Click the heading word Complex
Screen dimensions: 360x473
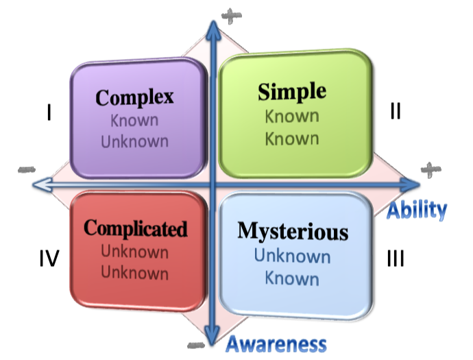(134, 97)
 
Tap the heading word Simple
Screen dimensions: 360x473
(292, 92)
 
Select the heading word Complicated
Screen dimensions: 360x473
(135, 228)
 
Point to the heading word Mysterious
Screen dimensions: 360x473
(293, 232)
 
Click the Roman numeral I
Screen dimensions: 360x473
(49, 111)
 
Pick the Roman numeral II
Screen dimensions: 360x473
(396, 111)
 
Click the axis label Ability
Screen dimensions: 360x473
(416, 209)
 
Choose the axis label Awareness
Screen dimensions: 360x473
(276, 343)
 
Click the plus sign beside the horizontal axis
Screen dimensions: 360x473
(427, 169)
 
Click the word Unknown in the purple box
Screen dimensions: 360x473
(134, 141)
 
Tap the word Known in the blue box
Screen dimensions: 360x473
(292, 279)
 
